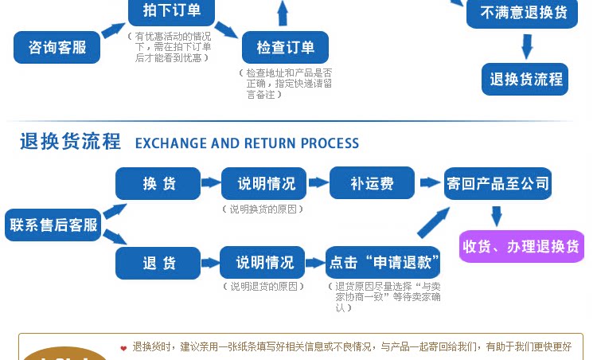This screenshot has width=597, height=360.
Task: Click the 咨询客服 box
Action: (x=57, y=47)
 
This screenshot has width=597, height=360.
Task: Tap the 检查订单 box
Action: (x=285, y=47)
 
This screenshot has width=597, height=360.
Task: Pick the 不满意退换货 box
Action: (x=523, y=13)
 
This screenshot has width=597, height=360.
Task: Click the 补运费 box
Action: (x=372, y=183)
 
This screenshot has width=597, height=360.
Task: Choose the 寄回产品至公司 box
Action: (x=497, y=183)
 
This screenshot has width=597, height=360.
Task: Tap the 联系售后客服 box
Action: (x=53, y=225)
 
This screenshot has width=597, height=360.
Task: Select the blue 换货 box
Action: (x=158, y=183)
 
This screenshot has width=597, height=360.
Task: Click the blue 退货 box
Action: (x=158, y=263)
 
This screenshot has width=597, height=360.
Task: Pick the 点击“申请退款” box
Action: (x=383, y=263)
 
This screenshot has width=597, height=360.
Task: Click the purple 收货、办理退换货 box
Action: (x=521, y=246)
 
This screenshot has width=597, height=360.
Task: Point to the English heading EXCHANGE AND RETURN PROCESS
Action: (x=247, y=143)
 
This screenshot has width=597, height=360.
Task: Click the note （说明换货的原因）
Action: (x=263, y=209)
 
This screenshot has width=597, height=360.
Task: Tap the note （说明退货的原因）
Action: (x=263, y=286)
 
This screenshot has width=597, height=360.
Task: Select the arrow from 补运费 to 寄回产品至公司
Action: (x=431, y=182)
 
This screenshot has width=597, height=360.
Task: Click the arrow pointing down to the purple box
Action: (x=497, y=216)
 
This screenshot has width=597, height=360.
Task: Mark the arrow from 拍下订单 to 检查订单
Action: (x=226, y=29)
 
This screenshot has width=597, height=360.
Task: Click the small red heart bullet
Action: (x=123, y=348)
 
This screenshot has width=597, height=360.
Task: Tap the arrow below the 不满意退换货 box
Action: (x=526, y=45)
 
